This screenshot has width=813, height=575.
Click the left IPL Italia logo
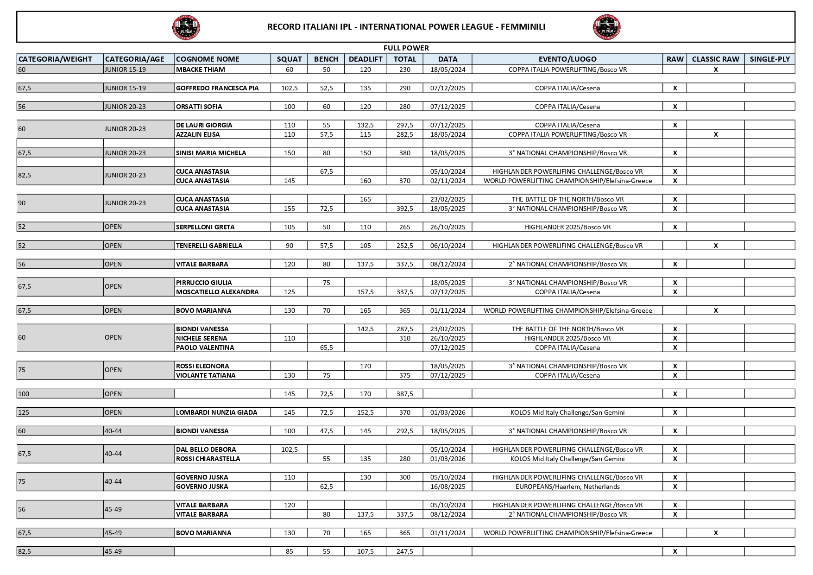pos(186,27)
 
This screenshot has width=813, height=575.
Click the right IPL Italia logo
pos(607,27)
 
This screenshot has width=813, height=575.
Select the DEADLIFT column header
pos(366,59)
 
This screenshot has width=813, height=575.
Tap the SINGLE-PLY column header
pos(769,59)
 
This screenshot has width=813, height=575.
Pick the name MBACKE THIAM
pos(200,70)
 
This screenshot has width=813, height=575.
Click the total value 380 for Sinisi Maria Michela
pos(404,153)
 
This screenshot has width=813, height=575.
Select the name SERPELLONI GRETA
pos(205,227)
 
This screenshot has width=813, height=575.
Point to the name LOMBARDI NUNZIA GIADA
pos(216,412)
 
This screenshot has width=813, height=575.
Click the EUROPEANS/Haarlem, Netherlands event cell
pos(567,487)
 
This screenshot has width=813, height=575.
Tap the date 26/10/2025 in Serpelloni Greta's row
pos(447,227)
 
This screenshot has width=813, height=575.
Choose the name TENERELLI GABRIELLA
pos(209,246)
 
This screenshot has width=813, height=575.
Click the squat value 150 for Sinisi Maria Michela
pos(289,153)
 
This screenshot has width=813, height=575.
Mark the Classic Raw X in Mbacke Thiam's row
pos(715,70)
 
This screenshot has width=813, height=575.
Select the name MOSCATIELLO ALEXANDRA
pos(217,292)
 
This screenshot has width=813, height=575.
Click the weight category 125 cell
pos(60,412)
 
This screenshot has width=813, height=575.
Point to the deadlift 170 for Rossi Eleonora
pos(365,366)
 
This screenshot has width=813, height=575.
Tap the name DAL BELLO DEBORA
pos(206,449)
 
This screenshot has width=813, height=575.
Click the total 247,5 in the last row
pos(404,551)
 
